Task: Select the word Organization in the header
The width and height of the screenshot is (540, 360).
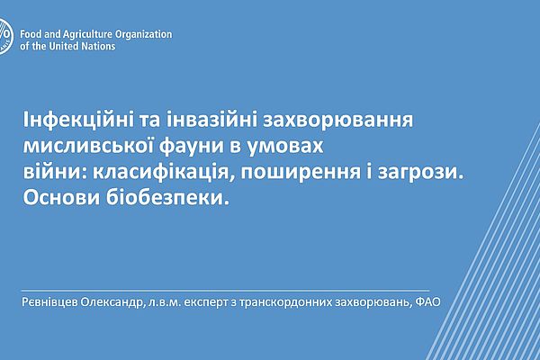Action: click(x=144, y=35)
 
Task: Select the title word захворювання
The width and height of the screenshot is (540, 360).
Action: click(x=338, y=121)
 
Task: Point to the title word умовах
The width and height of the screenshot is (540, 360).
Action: click(x=286, y=147)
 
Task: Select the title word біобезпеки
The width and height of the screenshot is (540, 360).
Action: click(x=167, y=198)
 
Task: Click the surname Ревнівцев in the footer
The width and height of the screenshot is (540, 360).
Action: click(x=49, y=302)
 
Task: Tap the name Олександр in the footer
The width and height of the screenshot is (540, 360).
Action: click(x=112, y=302)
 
